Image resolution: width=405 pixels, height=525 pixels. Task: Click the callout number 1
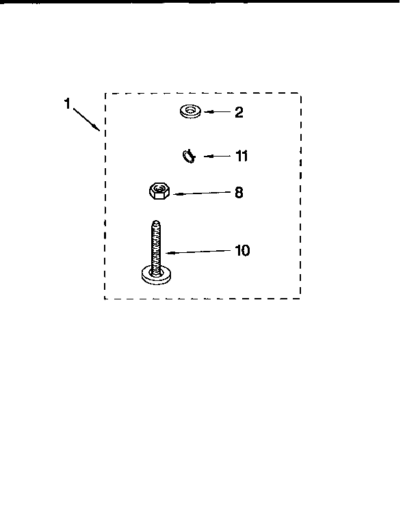(67, 103)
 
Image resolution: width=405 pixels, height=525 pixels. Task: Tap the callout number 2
(239, 112)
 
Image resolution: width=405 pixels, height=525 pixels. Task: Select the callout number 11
(241, 156)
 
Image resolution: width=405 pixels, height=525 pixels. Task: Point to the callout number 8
(239, 193)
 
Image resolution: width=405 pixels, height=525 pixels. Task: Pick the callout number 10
(242, 250)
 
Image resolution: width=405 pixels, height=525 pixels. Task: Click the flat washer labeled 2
(190, 111)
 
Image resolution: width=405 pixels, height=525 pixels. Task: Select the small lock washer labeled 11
(189, 157)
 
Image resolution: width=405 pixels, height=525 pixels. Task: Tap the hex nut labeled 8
(159, 191)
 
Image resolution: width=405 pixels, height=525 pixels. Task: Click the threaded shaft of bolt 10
(156, 247)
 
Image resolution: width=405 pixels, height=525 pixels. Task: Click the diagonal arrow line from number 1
(86, 119)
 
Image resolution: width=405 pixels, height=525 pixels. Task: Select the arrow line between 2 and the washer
(218, 112)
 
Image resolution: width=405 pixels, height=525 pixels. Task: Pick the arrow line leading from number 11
(217, 156)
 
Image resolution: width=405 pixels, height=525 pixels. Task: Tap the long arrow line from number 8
(202, 193)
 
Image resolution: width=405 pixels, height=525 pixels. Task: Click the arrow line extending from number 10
(198, 252)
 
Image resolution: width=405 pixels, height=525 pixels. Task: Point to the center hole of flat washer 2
(190, 109)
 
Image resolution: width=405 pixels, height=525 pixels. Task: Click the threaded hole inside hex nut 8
(159, 189)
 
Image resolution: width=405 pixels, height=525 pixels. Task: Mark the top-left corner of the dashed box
(105, 94)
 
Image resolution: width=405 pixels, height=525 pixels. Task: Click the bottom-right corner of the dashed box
(300, 298)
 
